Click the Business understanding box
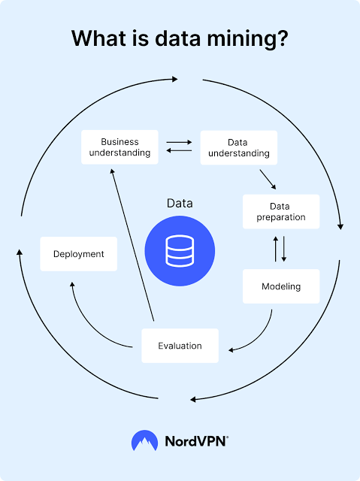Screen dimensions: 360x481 click(x=119, y=147)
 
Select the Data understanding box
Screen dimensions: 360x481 click(x=239, y=147)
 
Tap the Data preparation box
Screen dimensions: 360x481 click(x=281, y=211)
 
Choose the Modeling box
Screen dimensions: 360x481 click(x=281, y=286)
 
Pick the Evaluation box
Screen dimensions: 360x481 click(x=180, y=346)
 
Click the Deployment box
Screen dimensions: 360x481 click(x=78, y=254)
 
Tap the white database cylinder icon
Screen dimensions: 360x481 click(x=180, y=251)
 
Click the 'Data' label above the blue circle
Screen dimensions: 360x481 click(x=180, y=203)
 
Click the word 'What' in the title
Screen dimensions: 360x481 click(x=99, y=38)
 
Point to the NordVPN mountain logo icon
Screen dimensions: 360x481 click(x=145, y=440)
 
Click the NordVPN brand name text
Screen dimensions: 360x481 click(x=197, y=441)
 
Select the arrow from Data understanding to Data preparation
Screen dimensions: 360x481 click(x=268, y=180)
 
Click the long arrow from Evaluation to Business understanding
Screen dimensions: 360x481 click(x=132, y=245)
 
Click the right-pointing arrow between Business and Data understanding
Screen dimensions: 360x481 click(x=179, y=142)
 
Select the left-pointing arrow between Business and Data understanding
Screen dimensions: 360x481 click(x=179, y=150)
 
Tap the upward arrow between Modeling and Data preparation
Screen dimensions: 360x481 click(x=276, y=249)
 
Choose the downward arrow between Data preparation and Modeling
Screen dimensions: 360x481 click(x=284, y=249)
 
